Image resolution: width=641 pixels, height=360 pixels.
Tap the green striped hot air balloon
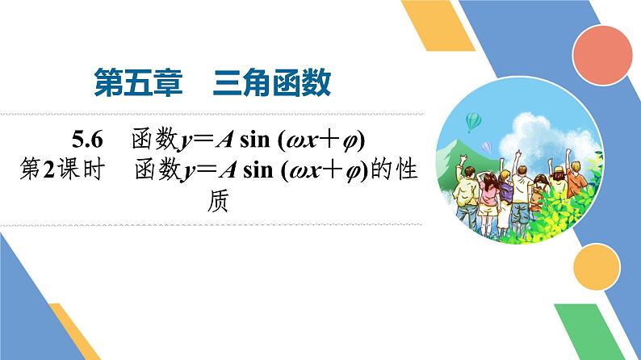point(474,120)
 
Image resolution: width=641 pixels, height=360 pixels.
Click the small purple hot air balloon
point(487,146)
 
